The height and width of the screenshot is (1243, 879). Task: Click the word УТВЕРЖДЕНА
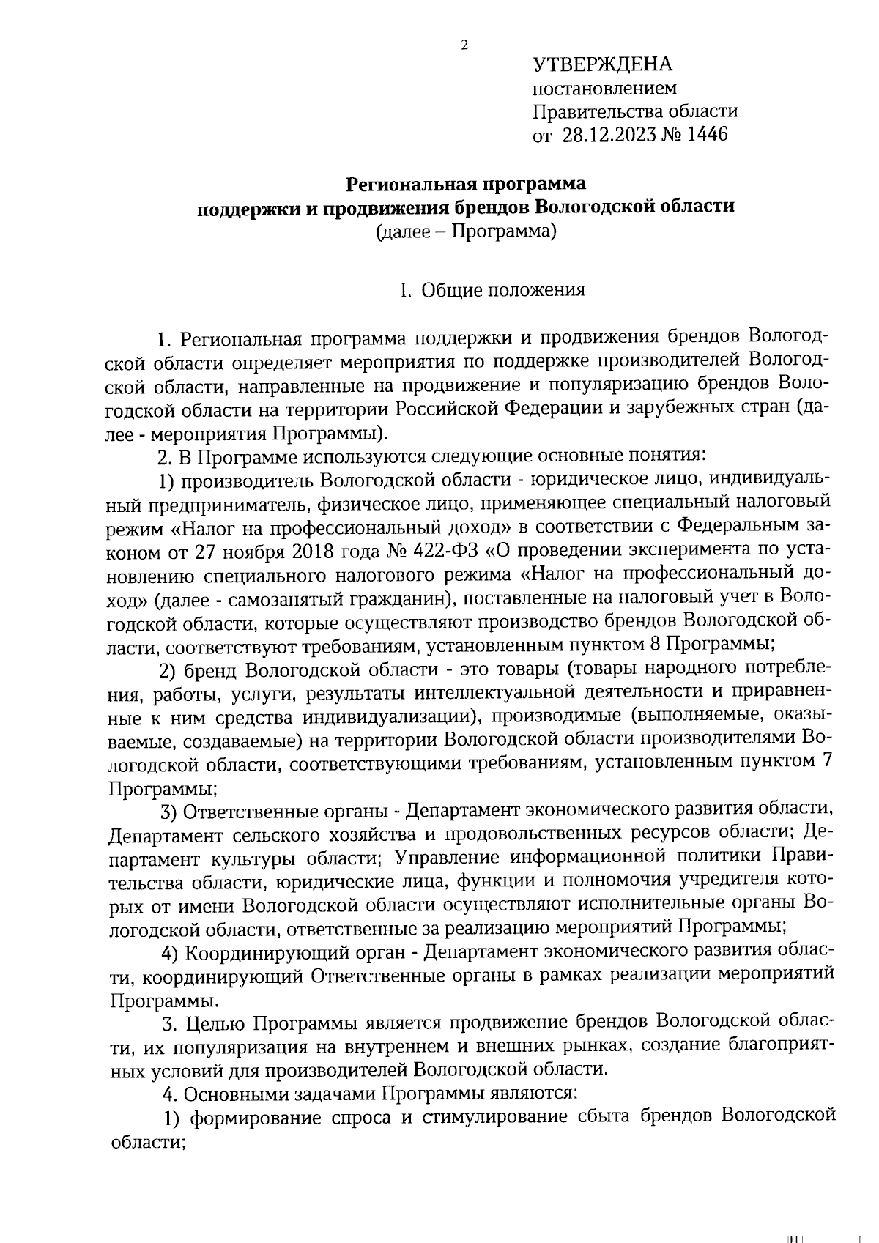click(x=601, y=65)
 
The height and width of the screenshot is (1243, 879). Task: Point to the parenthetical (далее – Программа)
click(x=466, y=232)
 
